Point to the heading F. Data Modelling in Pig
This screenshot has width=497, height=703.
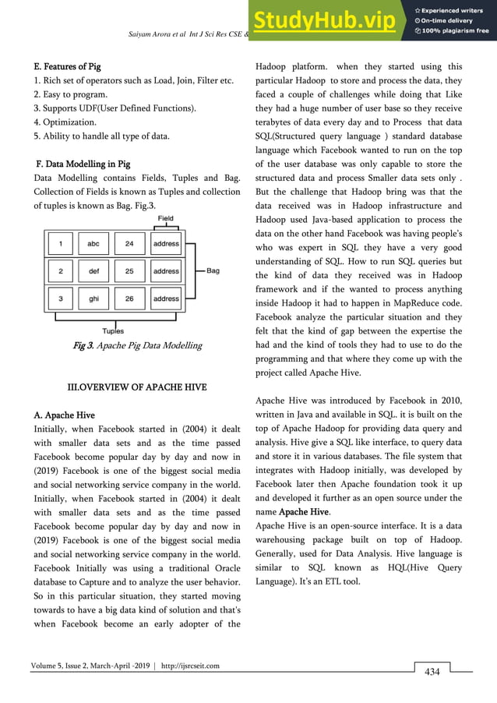[83, 164]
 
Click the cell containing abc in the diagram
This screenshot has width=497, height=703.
[93, 244]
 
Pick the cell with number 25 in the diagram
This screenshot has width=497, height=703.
[129, 271]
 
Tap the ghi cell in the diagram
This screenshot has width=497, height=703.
[93, 299]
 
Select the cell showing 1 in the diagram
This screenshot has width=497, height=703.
[59, 244]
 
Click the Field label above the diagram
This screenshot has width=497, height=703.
[166, 220]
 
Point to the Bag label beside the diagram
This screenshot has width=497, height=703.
[213, 271]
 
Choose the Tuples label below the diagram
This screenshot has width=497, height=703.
[113, 330]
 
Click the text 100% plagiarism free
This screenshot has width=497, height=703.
[456, 30]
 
